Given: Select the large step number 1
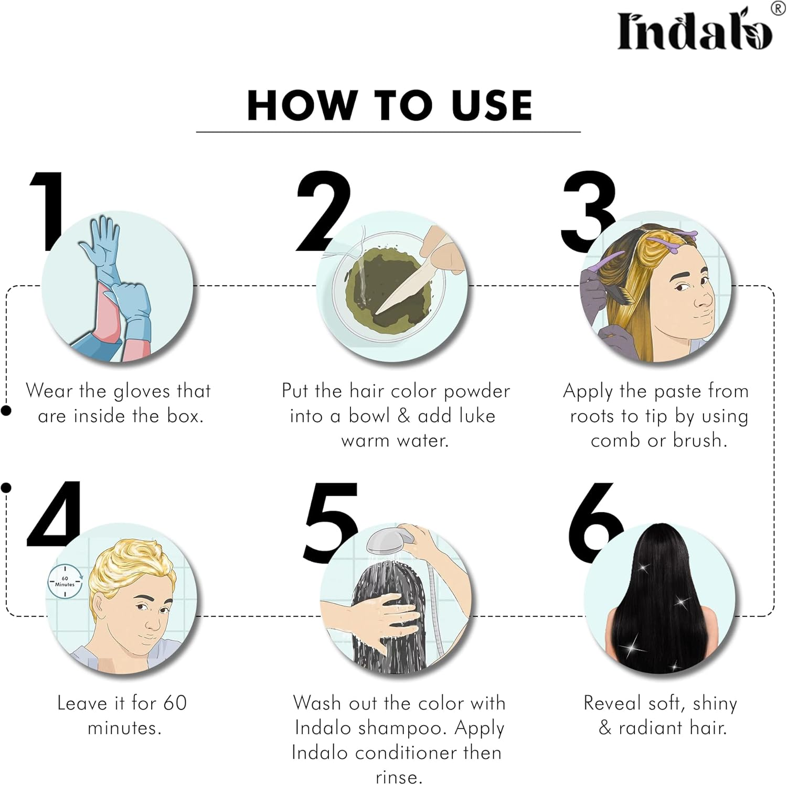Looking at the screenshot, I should [49, 210].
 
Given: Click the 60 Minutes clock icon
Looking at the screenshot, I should [65, 581].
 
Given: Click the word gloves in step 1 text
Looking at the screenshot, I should [142, 391].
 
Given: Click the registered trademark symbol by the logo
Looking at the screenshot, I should [778, 8].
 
